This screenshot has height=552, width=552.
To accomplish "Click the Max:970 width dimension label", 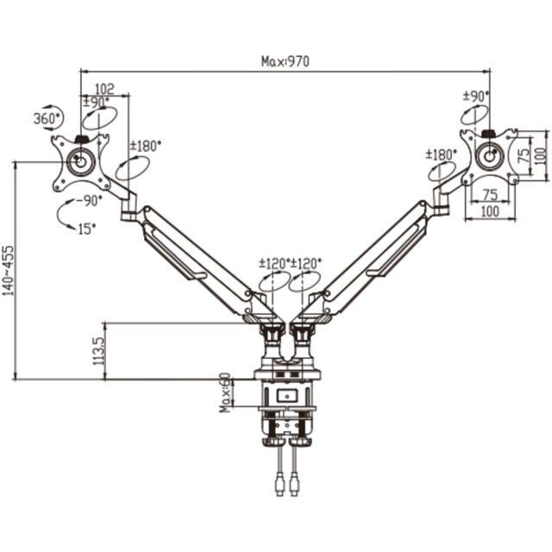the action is (285, 61).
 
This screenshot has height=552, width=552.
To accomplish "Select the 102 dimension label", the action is (105, 89).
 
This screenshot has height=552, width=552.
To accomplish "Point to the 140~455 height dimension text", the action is (9, 270).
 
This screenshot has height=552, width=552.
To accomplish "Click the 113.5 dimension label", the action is (99, 351).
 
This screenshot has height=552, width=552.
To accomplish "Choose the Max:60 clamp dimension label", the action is (225, 392).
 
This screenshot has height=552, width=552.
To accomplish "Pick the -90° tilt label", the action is (88, 201).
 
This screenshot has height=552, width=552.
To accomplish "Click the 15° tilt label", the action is (86, 229).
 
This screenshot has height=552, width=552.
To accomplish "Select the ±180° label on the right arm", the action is (441, 154).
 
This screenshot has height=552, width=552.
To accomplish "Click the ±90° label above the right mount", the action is (476, 96).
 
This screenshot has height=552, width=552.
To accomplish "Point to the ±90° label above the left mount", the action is (97, 103).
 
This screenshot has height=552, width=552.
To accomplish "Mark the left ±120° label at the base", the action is (274, 263).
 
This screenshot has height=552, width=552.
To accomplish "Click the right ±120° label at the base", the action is (306, 263).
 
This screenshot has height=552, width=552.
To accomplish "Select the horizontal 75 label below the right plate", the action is (490, 195).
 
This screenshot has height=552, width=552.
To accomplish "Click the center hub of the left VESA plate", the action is (80, 162).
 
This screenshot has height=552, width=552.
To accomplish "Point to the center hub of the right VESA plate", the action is (490, 155).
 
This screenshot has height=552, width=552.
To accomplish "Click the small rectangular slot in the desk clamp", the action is (287, 396).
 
